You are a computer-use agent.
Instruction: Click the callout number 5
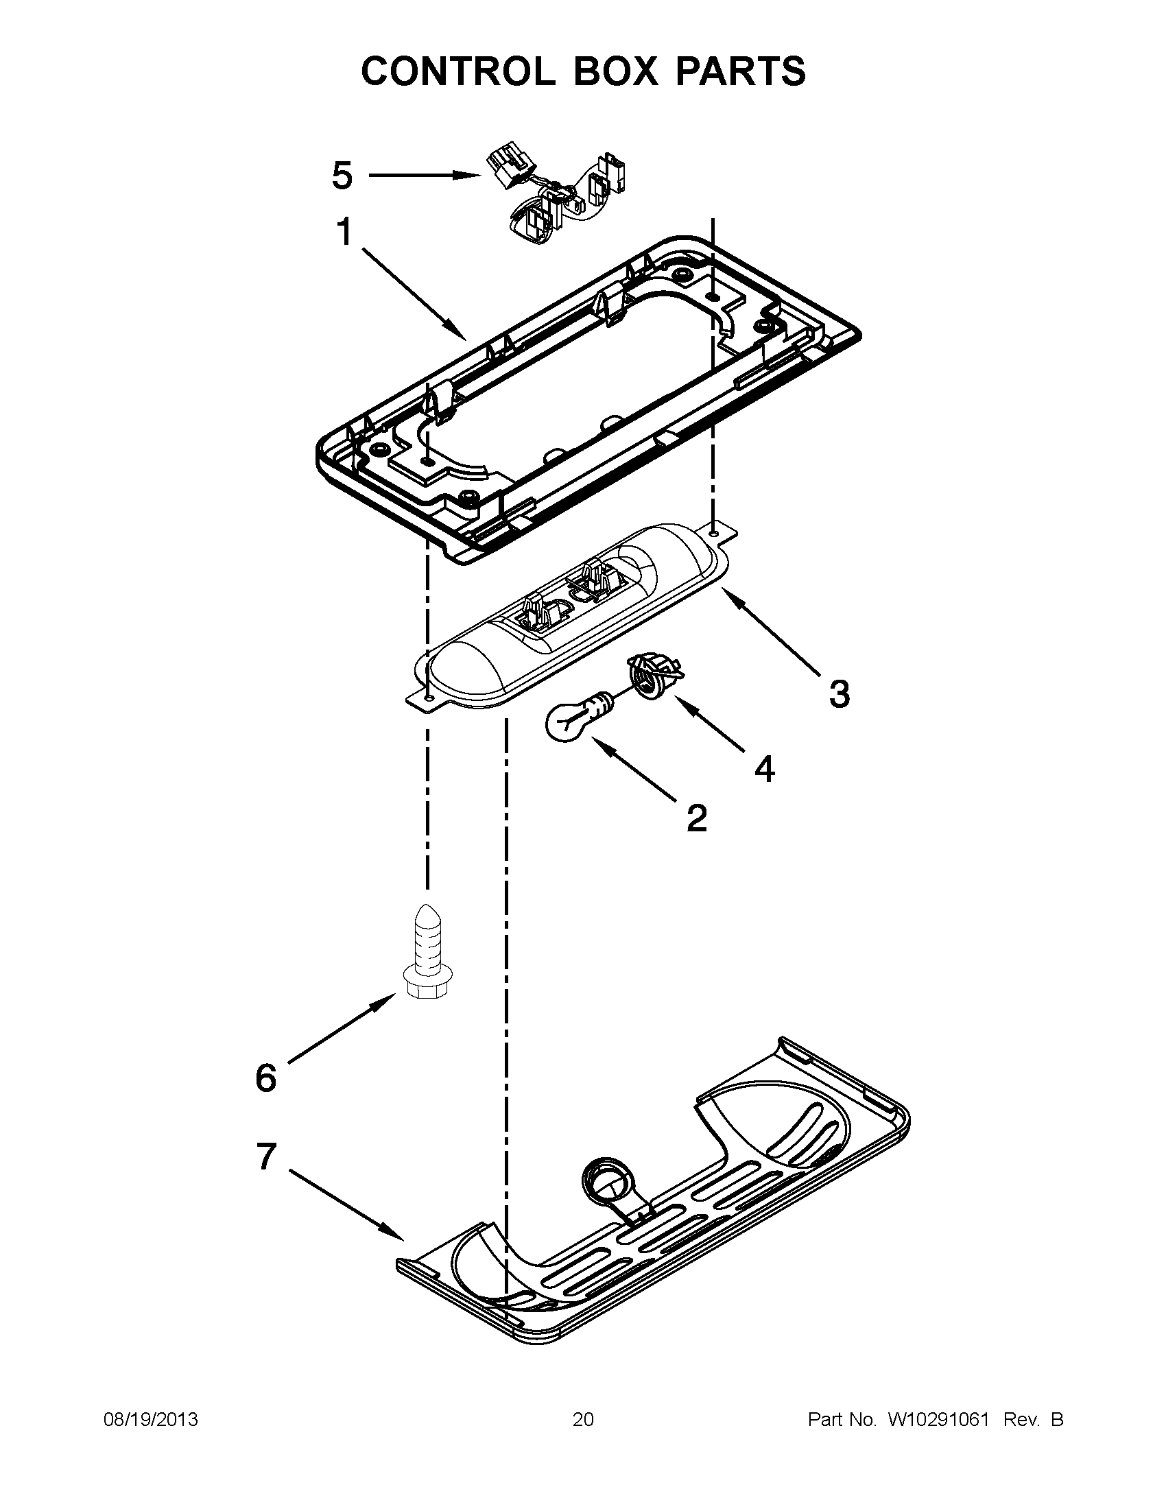(342, 176)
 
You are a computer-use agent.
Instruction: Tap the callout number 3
(840, 693)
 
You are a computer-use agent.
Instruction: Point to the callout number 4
(764, 768)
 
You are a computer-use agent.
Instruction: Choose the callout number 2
(697, 818)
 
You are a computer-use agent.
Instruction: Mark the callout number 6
(266, 1078)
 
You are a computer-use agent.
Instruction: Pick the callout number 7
(267, 1156)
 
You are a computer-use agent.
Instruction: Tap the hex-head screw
(427, 953)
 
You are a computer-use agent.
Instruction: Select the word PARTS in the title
(740, 71)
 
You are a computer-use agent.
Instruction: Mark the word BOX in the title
(615, 71)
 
